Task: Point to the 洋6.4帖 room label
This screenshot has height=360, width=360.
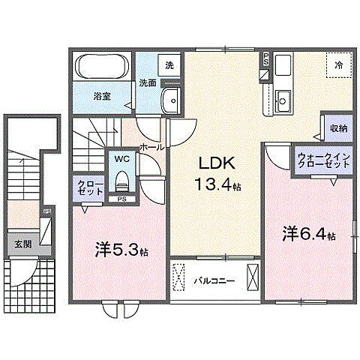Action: pyautogui.click(x=307, y=234)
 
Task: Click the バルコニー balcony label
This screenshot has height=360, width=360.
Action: pyautogui.click(x=214, y=281)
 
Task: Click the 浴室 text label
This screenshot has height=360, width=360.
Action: pyautogui.click(x=102, y=97)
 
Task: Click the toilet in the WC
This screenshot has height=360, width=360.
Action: pyautogui.click(x=121, y=179)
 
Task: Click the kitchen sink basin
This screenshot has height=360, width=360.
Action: pyautogui.click(x=283, y=98)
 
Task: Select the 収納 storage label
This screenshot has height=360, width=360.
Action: pyautogui.click(x=337, y=127)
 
